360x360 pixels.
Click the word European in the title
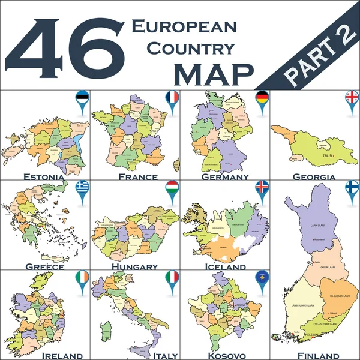(x=184, y=26)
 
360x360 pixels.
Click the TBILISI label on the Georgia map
(x=328, y=154)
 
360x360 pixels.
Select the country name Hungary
(x=135, y=266)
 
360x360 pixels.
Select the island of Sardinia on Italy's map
(x=106, y=329)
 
